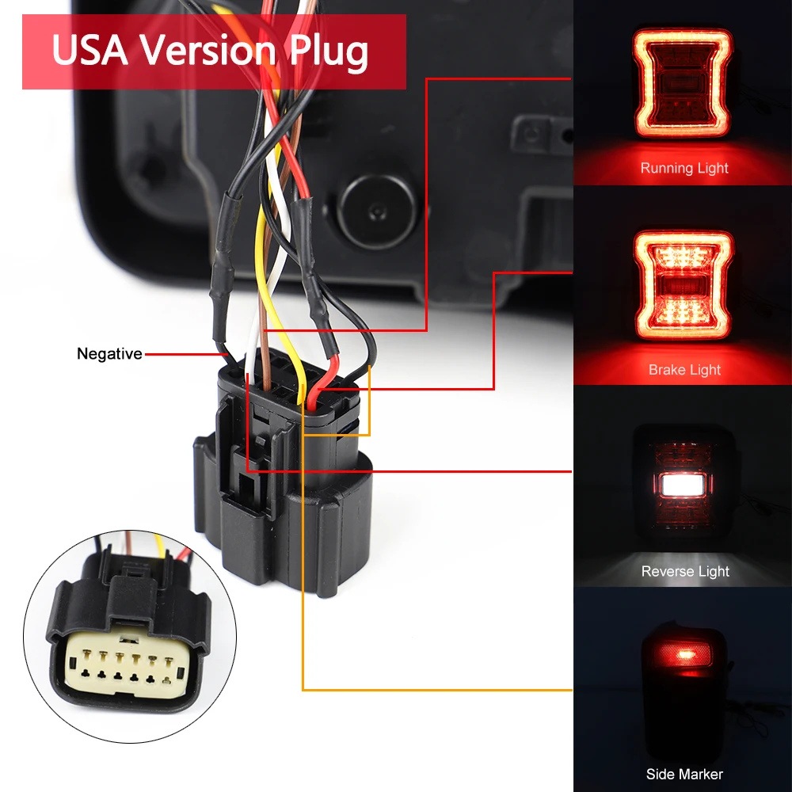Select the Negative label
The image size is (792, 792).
coord(109,354)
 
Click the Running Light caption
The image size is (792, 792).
coord(684,168)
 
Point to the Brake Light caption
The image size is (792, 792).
coord(684,370)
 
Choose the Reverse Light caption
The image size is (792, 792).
coord(685,571)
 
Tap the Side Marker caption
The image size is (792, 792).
coord(684,774)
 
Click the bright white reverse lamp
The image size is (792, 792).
coord(684,484)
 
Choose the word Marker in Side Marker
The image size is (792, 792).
coord(702,774)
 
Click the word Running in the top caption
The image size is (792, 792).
coord(668,168)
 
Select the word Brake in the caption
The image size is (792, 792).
coord(667,370)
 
